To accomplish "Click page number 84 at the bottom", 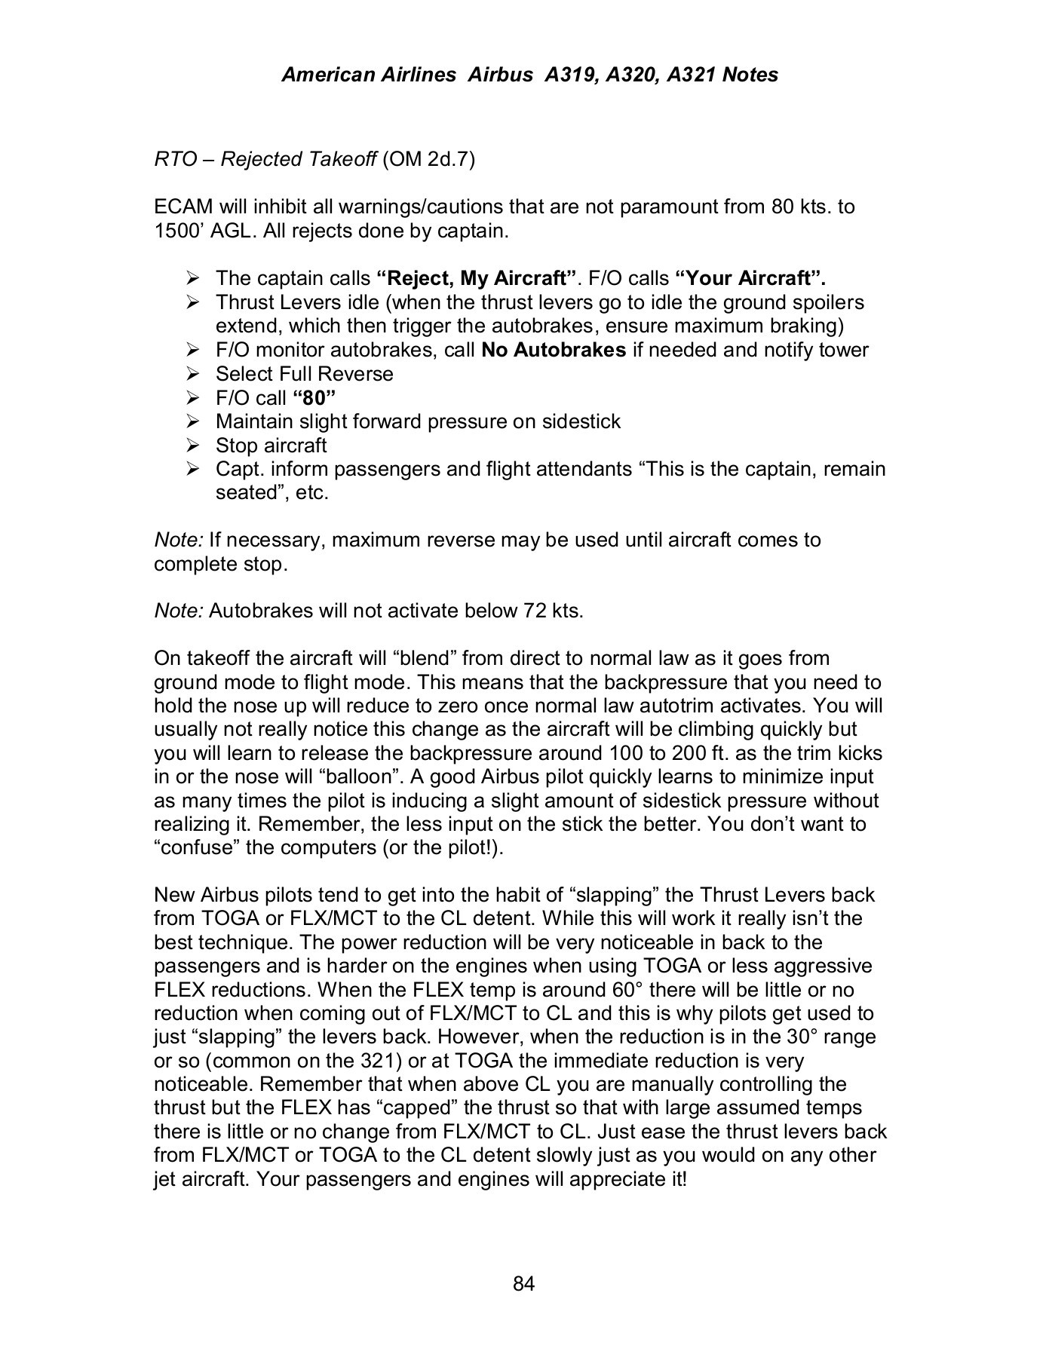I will click(523, 1283).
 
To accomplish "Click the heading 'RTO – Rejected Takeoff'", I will click(265, 159).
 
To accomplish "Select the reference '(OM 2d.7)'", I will click(429, 159).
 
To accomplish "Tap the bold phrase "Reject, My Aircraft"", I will click(477, 278).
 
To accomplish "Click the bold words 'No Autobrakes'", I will click(554, 350).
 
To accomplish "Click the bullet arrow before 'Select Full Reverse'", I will click(192, 374).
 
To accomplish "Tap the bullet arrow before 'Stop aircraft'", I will click(192, 446).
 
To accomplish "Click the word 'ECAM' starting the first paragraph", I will click(183, 207).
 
